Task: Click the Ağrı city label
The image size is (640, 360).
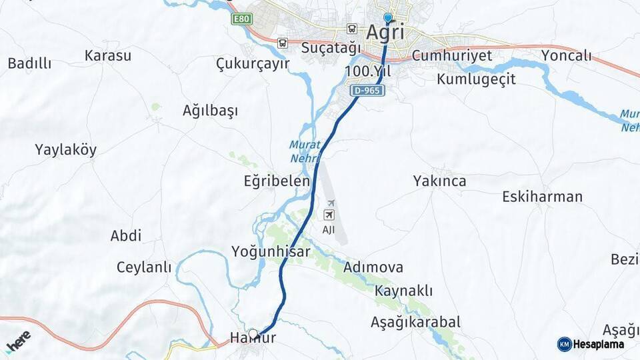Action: pyautogui.click(x=385, y=32)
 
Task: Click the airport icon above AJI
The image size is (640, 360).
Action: pyautogui.click(x=329, y=214)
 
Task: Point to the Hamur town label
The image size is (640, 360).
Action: pyautogui.click(x=253, y=339)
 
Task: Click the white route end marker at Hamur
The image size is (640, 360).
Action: pyautogui.click(x=253, y=333)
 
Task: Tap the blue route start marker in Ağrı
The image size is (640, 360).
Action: pyautogui.click(x=388, y=19)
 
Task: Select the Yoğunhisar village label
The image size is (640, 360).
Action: pyautogui.click(x=271, y=251)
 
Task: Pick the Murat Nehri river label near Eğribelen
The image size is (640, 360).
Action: pyautogui.click(x=305, y=151)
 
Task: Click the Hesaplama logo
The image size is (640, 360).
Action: pyautogui.click(x=591, y=344)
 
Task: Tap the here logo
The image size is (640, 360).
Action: pyautogui.click(x=18, y=341)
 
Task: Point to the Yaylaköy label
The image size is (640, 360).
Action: pyautogui.click(x=66, y=150)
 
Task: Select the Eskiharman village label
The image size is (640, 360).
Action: pyautogui.click(x=542, y=197)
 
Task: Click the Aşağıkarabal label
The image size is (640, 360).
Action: pyautogui.click(x=415, y=322)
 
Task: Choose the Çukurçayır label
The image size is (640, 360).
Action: pyautogui.click(x=253, y=63)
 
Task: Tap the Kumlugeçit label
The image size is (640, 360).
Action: pyautogui.click(x=476, y=79)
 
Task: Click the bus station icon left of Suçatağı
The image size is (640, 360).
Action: pyautogui.click(x=282, y=43)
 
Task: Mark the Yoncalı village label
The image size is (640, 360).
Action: pyautogui.click(x=567, y=55)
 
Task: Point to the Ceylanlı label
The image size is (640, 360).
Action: pyautogui.click(x=144, y=267)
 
